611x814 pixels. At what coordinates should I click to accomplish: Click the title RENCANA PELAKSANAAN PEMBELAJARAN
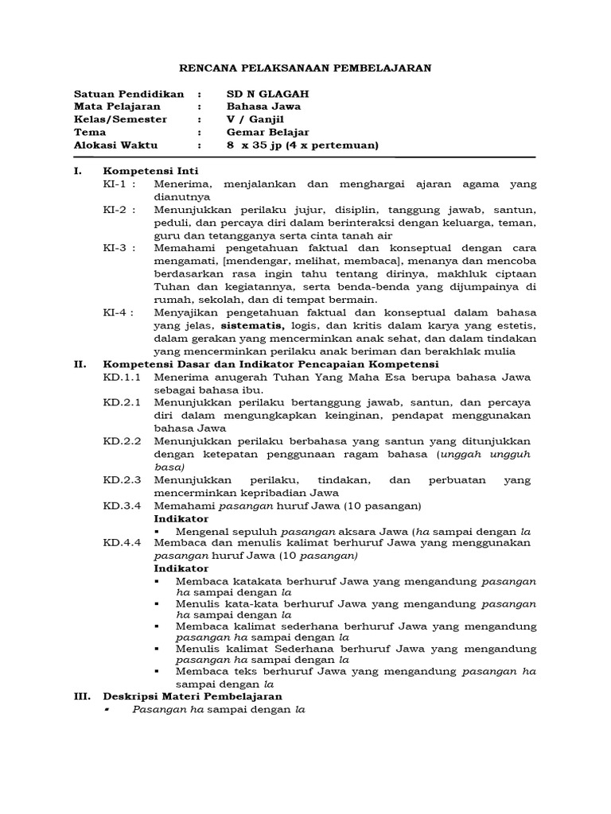305,68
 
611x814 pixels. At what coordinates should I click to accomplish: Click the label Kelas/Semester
120,118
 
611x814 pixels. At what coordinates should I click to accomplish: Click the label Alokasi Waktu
115,145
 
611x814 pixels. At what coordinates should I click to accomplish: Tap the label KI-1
119,184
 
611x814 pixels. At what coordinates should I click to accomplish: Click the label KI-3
119,248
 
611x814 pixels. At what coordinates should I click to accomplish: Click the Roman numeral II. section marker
80,364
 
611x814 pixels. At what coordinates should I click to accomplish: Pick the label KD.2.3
122,480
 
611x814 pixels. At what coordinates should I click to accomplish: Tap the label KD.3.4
122,506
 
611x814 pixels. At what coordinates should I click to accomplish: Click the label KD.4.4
122,543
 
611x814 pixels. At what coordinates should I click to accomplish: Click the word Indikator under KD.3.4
181,518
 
